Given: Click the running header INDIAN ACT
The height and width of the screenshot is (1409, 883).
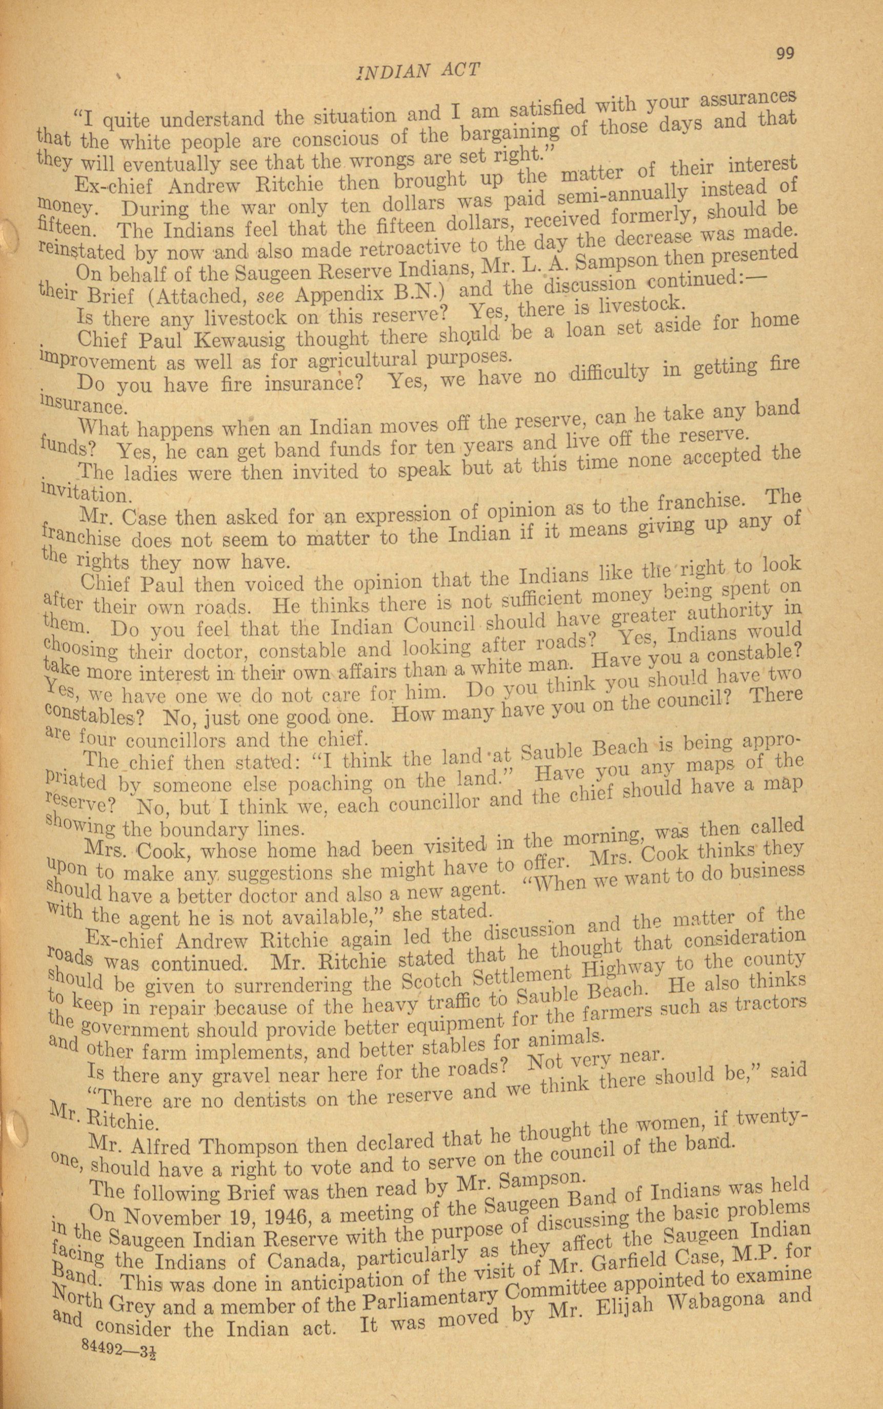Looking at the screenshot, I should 417,71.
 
